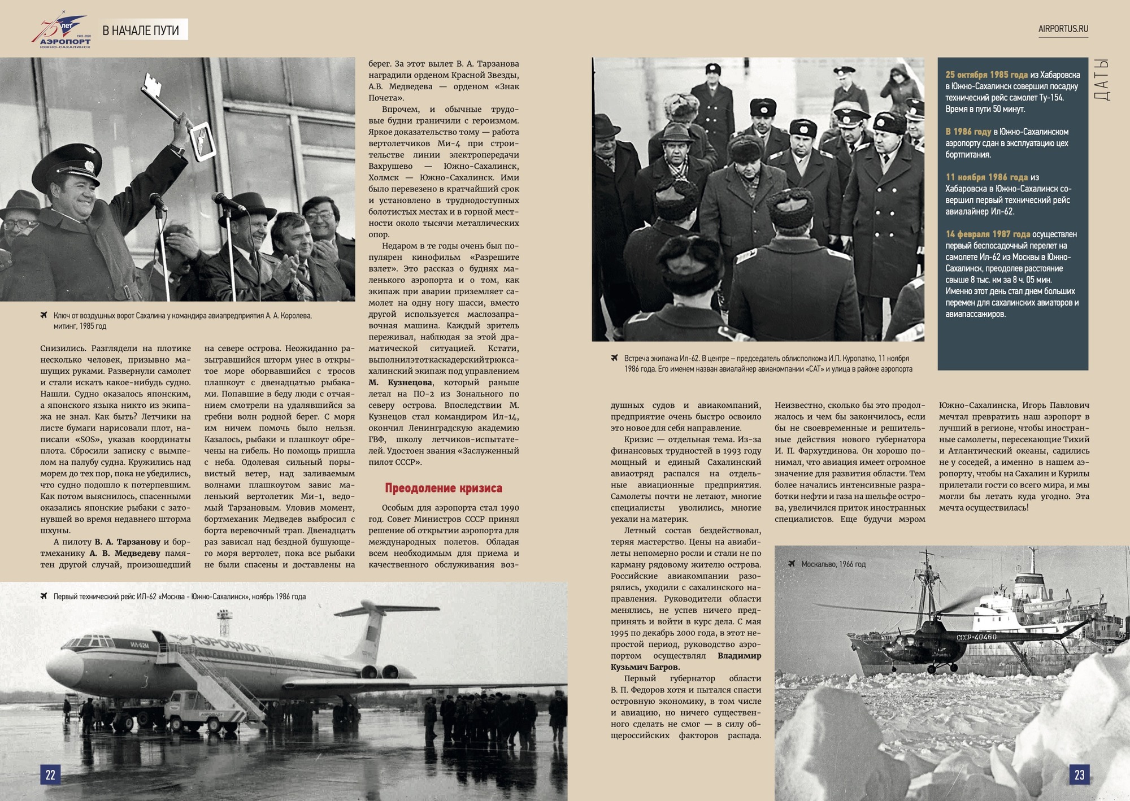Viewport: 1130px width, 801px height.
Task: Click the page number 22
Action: pyautogui.click(x=50, y=774)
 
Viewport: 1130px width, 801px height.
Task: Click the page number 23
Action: pyautogui.click(x=1079, y=774)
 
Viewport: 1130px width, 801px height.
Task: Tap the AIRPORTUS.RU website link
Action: pyautogui.click(x=1063, y=29)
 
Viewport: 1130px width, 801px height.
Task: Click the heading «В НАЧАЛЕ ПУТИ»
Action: pyautogui.click(x=141, y=31)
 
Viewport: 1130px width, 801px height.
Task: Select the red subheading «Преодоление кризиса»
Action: pyautogui.click(x=444, y=488)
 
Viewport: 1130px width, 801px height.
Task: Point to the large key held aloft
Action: pyautogui.click(x=169, y=102)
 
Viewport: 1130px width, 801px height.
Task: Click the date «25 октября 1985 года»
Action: pyautogui.click(x=986, y=75)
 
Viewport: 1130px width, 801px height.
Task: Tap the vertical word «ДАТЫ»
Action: pyautogui.click(x=1102, y=80)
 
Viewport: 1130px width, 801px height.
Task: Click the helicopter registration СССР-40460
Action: pyautogui.click(x=976, y=637)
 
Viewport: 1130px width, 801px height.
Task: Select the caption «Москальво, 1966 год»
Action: pyautogui.click(x=833, y=564)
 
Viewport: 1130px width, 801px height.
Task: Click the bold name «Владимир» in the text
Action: pyautogui.click(x=739, y=656)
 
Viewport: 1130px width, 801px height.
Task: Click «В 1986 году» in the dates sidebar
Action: pyautogui.click(x=968, y=132)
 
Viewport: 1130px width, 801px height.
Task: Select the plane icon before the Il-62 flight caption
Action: pyautogui.click(x=44, y=596)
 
